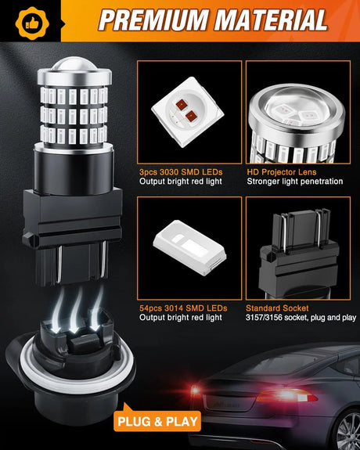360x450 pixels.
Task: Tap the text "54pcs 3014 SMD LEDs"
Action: tap(182, 308)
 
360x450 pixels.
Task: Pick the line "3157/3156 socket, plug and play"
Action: tap(300, 318)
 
